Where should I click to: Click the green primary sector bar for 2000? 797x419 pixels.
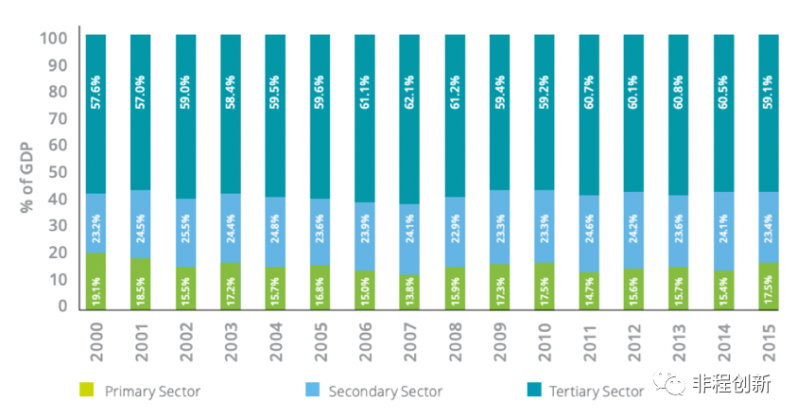click(x=96, y=281)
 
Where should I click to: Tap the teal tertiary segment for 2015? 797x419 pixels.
click(x=768, y=113)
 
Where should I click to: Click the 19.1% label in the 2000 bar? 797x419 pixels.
click(x=96, y=288)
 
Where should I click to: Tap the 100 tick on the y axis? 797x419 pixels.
click(x=54, y=39)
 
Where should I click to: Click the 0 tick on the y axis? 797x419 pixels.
click(x=62, y=306)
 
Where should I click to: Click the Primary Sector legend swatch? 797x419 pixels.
click(x=86, y=390)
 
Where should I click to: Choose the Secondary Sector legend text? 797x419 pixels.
click(x=385, y=391)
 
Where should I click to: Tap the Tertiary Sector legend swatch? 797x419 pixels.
click(x=530, y=390)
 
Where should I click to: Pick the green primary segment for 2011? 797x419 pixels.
click(x=589, y=288)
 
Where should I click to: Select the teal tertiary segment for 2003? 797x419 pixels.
click(x=231, y=113)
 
